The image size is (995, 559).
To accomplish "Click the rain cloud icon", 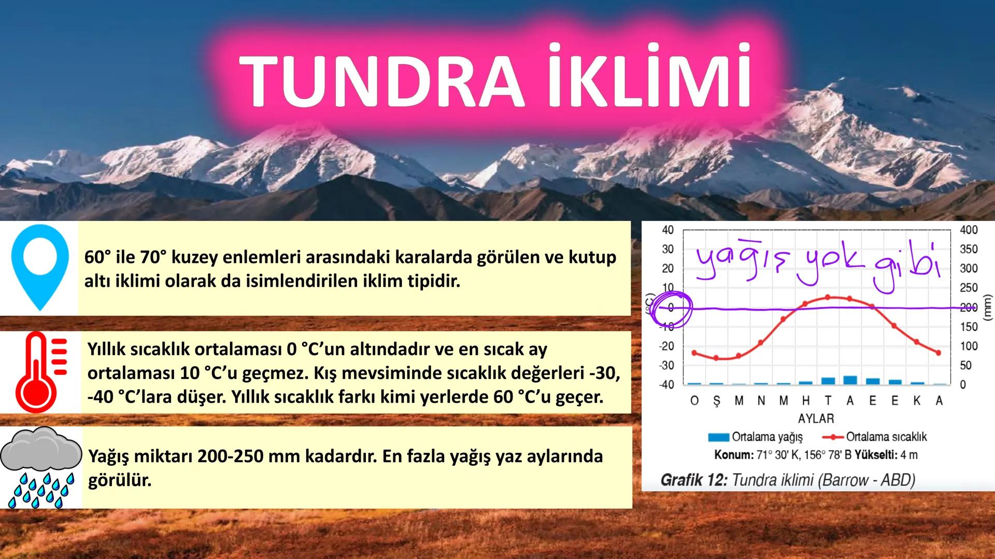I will pyautogui.click(x=41, y=466).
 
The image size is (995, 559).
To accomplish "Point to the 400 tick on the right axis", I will pyautogui.click(x=969, y=230).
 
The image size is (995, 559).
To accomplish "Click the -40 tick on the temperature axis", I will pyautogui.click(x=666, y=385).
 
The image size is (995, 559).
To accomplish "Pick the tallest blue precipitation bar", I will pyautogui.click(x=850, y=380).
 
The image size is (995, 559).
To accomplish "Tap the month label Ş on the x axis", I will pyautogui.click(x=717, y=401).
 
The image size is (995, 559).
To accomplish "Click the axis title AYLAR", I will pyautogui.click(x=816, y=419).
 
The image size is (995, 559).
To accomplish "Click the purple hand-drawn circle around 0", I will pyautogui.click(x=672, y=310).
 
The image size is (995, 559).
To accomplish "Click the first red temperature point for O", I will pyautogui.click(x=694, y=353).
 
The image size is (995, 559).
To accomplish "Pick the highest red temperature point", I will pyautogui.click(x=828, y=297).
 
